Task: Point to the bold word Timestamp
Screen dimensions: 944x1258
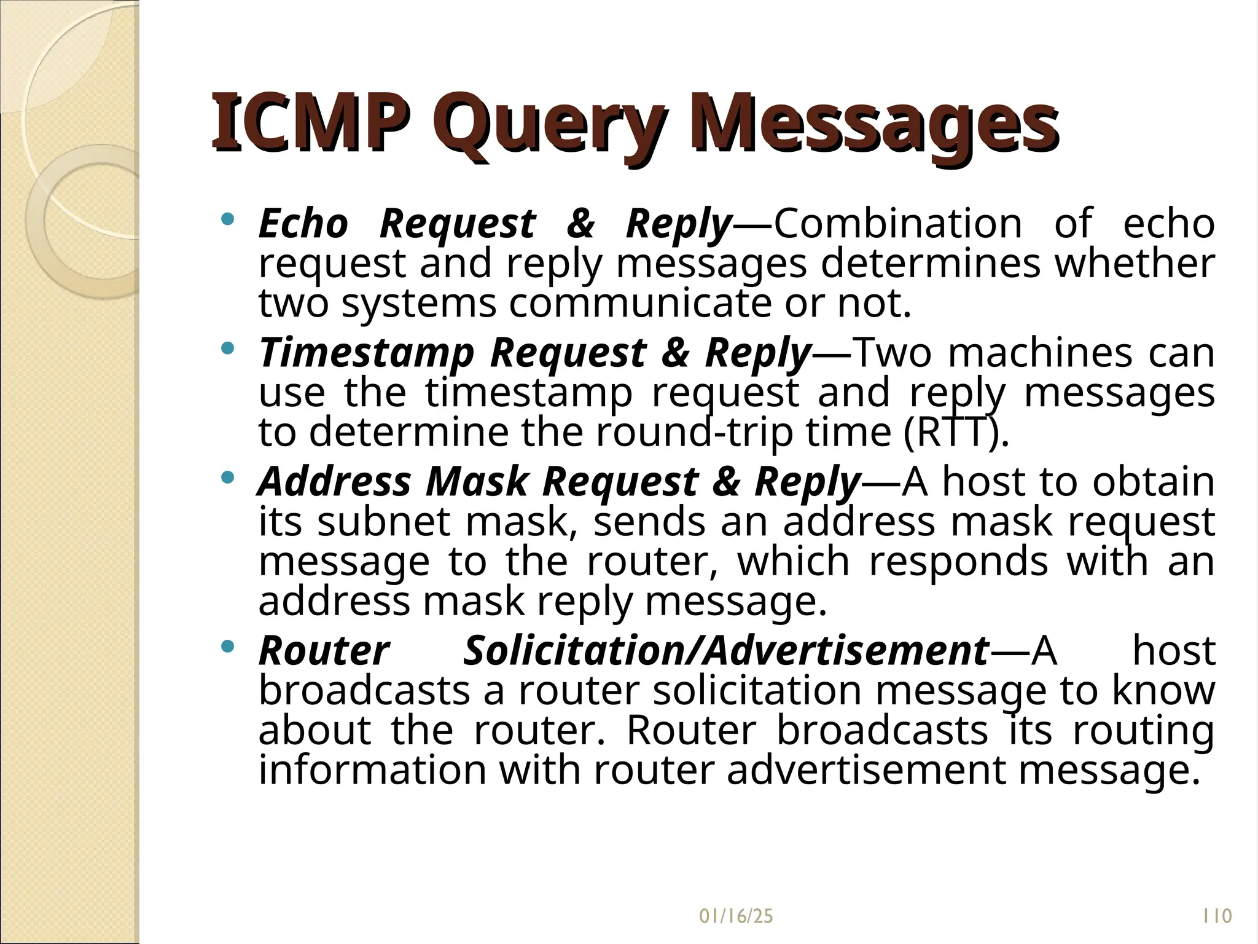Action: tap(367, 354)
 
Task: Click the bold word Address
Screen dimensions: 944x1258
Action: tap(334, 481)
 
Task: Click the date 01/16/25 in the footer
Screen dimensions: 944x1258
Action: tap(736, 916)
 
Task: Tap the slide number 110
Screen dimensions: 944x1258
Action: tap(1217, 916)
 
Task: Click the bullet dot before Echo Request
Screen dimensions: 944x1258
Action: tap(228, 219)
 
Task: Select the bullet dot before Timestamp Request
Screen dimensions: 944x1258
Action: tap(228, 348)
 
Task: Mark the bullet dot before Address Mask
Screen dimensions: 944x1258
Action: tap(228, 477)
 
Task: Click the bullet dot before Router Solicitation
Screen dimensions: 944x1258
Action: tap(228, 647)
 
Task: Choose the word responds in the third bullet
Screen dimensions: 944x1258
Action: tap(958, 562)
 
